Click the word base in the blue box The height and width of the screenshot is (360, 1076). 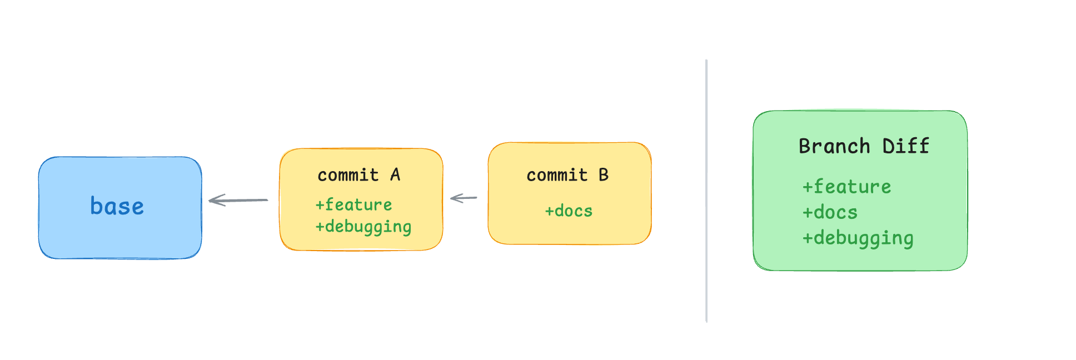coord(117,206)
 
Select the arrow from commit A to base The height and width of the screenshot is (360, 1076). coord(238,200)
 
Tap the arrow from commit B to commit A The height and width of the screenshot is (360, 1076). coord(464,198)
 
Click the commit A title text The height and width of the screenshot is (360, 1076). coord(359,175)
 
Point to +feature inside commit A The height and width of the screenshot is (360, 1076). coord(354,204)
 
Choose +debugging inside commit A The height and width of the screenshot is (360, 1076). coord(363,227)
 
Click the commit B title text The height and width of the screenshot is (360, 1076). coord(567,175)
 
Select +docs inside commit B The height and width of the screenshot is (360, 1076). coord(569,211)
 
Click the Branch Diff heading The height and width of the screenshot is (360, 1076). coord(864,146)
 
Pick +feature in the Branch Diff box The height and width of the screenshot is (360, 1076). coord(846,187)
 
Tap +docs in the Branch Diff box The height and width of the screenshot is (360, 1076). coord(830,212)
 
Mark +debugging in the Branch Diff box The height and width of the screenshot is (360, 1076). coord(858,238)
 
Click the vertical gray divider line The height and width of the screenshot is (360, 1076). coord(706,191)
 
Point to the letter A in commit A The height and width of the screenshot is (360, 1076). coord(395,174)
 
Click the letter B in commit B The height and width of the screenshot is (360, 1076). coord(604,174)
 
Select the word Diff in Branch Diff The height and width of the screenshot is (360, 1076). coord(906,146)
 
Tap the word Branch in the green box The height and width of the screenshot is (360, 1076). coord(834,146)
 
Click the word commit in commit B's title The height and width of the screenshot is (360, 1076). coord(557,176)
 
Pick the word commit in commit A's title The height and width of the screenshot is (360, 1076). coord(348,176)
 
